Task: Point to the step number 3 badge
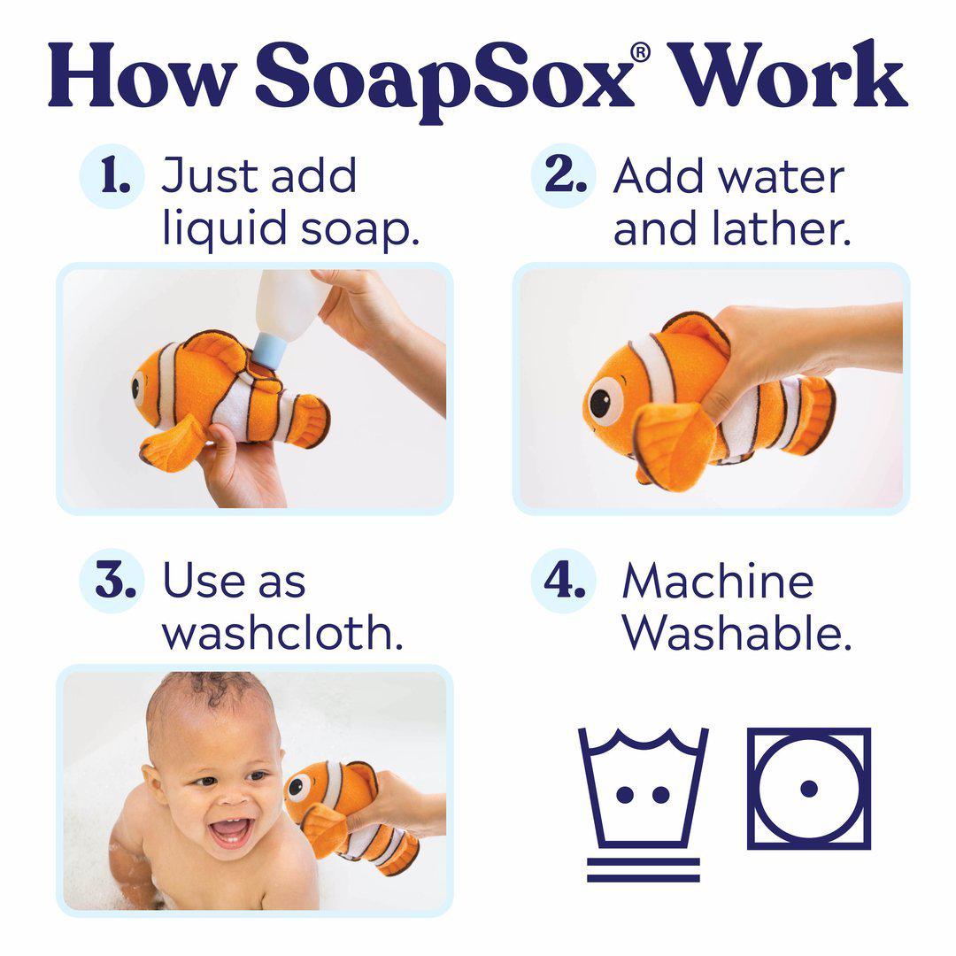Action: click(x=112, y=581)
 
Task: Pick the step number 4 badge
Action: click(x=563, y=581)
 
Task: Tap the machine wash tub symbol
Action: click(x=644, y=787)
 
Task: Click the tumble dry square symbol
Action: click(x=809, y=789)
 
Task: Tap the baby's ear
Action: click(x=152, y=787)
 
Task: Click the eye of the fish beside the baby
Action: click(x=297, y=787)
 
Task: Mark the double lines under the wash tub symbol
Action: click(x=644, y=870)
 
